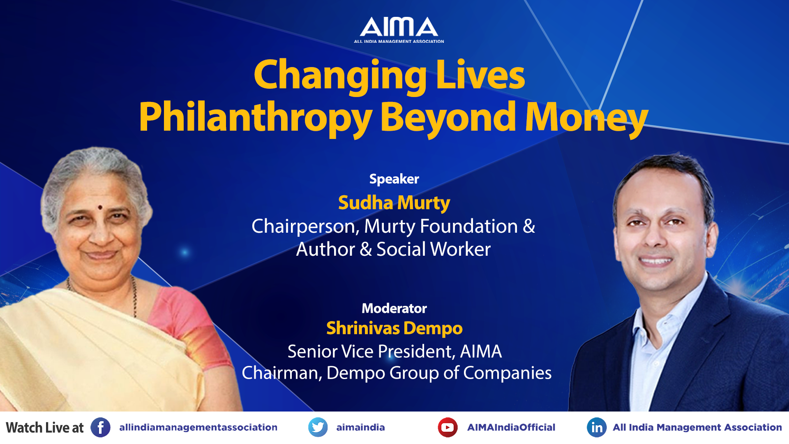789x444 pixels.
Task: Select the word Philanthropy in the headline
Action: point(255,118)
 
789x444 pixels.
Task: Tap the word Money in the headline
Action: point(586,118)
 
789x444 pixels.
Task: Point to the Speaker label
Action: point(394,179)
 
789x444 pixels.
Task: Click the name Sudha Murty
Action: point(394,203)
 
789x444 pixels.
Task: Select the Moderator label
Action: point(394,308)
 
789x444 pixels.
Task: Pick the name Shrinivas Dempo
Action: point(394,328)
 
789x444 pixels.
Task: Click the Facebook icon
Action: point(100,428)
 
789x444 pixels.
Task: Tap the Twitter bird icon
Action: point(318,428)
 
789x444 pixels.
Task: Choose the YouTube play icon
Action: point(448,428)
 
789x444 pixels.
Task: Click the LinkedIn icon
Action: point(597,428)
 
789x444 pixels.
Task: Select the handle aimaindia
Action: point(360,428)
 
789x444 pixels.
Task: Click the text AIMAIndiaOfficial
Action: point(511,428)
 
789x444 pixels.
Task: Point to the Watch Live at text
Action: point(44,428)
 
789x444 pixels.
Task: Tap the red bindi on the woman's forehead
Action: point(99,207)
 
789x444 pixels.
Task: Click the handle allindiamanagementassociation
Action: point(198,428)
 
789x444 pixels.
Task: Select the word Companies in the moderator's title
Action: point(508,373)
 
